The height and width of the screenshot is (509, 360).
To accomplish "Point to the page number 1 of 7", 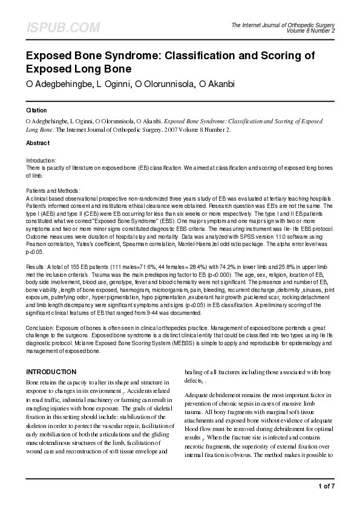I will tap(326, 486).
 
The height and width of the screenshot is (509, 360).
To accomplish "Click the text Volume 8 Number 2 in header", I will tap(310, 30).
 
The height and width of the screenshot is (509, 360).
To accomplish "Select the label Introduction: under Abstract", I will tap(42, 161).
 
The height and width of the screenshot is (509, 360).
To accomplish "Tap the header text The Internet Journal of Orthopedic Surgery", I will tap(283, 24).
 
